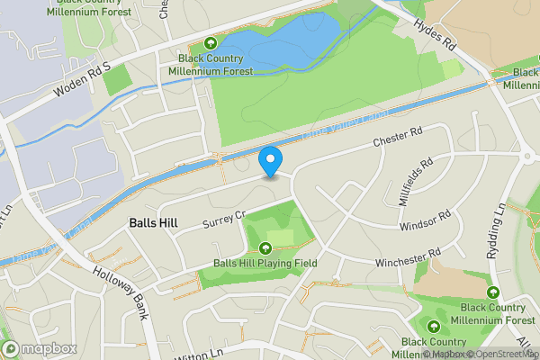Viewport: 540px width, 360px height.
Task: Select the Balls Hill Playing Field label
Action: (265, 264)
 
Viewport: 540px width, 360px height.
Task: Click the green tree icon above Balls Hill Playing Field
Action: (265, 248)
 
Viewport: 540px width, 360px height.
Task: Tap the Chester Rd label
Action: (398, 138)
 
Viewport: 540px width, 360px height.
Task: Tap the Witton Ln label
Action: (226, 354)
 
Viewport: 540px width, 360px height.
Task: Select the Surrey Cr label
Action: (223, 219)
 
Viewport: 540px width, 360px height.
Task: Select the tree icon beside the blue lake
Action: (211, 42)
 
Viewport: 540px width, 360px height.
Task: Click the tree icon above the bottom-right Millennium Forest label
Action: (492, 292)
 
